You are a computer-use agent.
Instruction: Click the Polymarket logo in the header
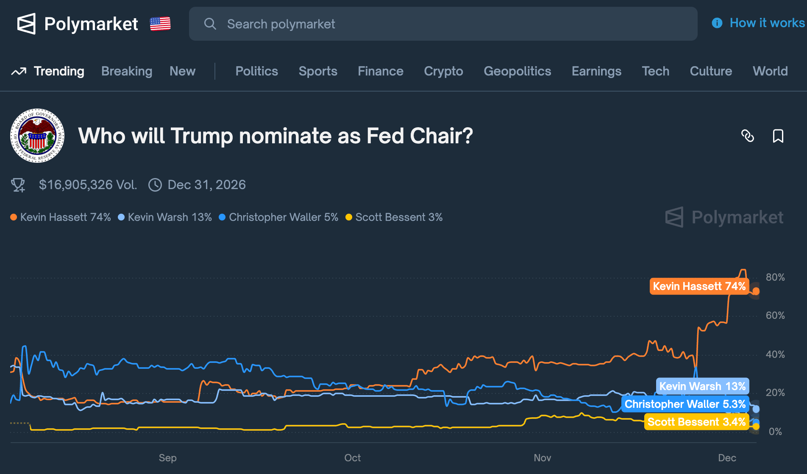(x=78, y=24)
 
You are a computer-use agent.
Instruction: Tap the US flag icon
(x=160, y=24)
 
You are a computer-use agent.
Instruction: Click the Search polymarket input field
(x=443, y=24)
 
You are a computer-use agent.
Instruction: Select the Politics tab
(x=256, y=71)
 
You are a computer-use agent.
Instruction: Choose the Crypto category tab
(x=443, y=71)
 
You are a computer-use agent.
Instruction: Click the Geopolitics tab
(x=517, y=71)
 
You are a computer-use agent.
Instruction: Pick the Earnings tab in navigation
(x=596, y=71)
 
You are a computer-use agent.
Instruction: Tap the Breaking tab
(x=127, y=71)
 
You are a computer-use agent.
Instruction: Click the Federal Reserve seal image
(x=37, y=136)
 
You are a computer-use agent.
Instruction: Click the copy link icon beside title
(x=747, y=136)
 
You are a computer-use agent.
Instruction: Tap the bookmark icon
(x=778, y=136)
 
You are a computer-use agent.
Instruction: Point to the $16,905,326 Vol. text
(x=88, y=185)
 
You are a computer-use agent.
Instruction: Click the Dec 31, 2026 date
(x=206, y=185)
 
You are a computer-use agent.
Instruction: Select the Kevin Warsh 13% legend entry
(x=165, y=217)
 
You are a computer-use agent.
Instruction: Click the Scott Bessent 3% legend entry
(x=394, y=217)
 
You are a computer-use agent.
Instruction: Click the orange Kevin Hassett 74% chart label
(x=699, y=286)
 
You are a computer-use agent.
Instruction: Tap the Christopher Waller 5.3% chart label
(x=685, y=404)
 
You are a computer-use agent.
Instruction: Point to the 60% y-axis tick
(x=775, y=315)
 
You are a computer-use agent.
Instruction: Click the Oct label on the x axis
(x=352, y=458)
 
